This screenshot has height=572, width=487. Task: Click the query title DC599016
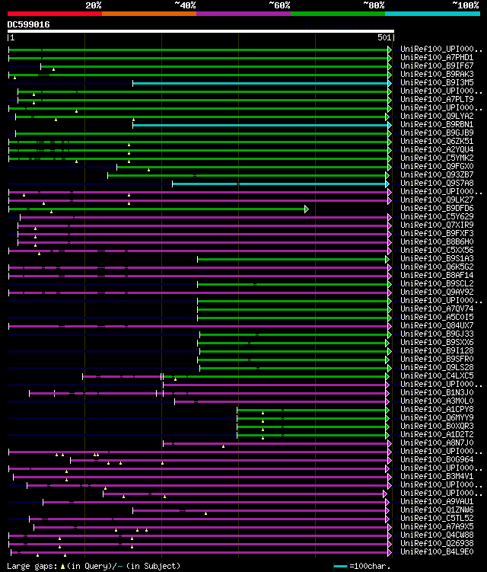[29, 24]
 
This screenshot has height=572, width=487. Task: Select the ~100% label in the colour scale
[465, 5]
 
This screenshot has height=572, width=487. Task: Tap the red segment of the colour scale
[54, 13]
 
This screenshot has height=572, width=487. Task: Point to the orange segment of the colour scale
[148, 13]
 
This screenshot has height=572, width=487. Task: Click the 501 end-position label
[384, 37]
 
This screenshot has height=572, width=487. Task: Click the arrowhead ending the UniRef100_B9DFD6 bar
[307, 209]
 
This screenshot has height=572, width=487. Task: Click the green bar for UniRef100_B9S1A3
[293, 259]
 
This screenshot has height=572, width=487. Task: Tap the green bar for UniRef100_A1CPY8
[313, 410]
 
